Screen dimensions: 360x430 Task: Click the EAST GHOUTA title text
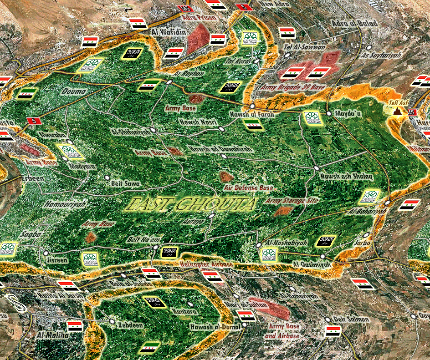click(190, 205)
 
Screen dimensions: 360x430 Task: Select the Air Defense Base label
click(248, 188)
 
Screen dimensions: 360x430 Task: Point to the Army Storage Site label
click(292, 200)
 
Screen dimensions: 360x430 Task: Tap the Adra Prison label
click(199, 18)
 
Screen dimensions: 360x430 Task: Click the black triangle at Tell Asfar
click(397, 111)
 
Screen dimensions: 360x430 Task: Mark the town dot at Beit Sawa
click(107, 177)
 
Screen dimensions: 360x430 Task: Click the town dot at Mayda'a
click(328, 113)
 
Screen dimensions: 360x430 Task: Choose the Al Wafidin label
click(167, 32)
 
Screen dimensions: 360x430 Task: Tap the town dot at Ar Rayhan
click(169, 82)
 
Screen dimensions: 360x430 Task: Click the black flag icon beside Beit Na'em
click(169, 251)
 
